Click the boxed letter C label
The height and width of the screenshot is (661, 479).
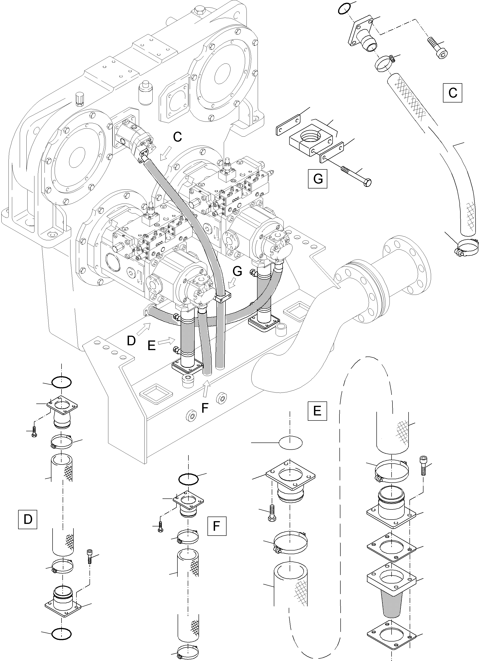[452, 93]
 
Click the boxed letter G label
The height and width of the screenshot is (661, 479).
[318, 179]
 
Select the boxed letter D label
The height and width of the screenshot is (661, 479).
[28, 519]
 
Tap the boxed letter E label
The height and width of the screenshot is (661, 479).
[317, 411]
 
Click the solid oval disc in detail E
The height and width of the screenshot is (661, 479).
[291, 443]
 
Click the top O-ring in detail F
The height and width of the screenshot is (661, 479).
[188, 479]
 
